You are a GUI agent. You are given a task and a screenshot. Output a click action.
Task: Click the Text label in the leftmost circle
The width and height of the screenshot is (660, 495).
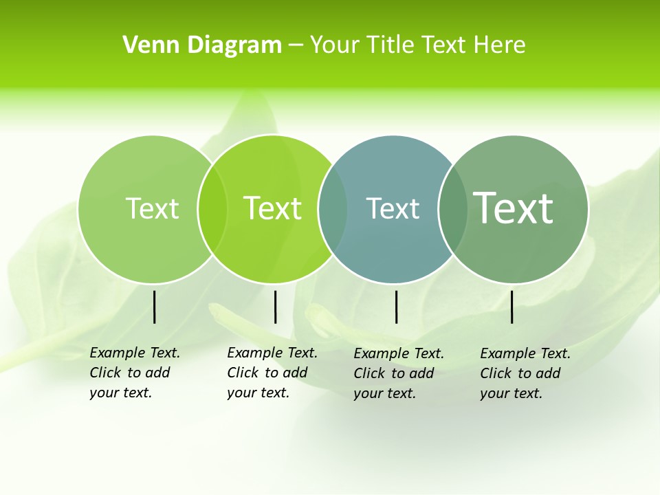(152, 208)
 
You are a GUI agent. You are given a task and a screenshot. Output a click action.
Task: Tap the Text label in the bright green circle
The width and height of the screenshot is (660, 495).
(273, 208)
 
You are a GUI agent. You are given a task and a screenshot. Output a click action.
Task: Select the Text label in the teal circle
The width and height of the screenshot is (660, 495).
(393, 208)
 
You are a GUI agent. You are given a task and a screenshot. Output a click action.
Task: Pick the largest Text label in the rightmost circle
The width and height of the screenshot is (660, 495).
(514, 208)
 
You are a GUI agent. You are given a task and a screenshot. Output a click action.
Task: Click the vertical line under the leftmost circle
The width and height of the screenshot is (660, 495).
(154, 307)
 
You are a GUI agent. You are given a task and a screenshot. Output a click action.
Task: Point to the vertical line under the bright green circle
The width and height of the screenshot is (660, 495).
(275, 307)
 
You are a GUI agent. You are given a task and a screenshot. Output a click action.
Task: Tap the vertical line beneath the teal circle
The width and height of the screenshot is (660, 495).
(396, 307)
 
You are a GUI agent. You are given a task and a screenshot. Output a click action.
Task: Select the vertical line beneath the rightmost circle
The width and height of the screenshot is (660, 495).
(512, 307)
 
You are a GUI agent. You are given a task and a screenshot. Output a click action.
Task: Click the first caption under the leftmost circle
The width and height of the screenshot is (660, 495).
(135, 373)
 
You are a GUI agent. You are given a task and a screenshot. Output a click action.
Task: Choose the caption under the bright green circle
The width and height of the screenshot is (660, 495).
(272, 373)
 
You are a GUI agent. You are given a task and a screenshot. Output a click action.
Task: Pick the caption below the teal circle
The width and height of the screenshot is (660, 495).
(399, 373)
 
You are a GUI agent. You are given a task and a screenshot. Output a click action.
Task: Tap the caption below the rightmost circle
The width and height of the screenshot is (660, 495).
(525, 373)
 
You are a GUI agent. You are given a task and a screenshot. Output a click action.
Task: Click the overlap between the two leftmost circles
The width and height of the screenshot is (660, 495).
(212, 208)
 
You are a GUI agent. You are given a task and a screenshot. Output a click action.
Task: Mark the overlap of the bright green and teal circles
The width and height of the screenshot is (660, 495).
(333, 208)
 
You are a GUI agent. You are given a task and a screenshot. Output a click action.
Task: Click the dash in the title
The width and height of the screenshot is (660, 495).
(296, 46)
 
